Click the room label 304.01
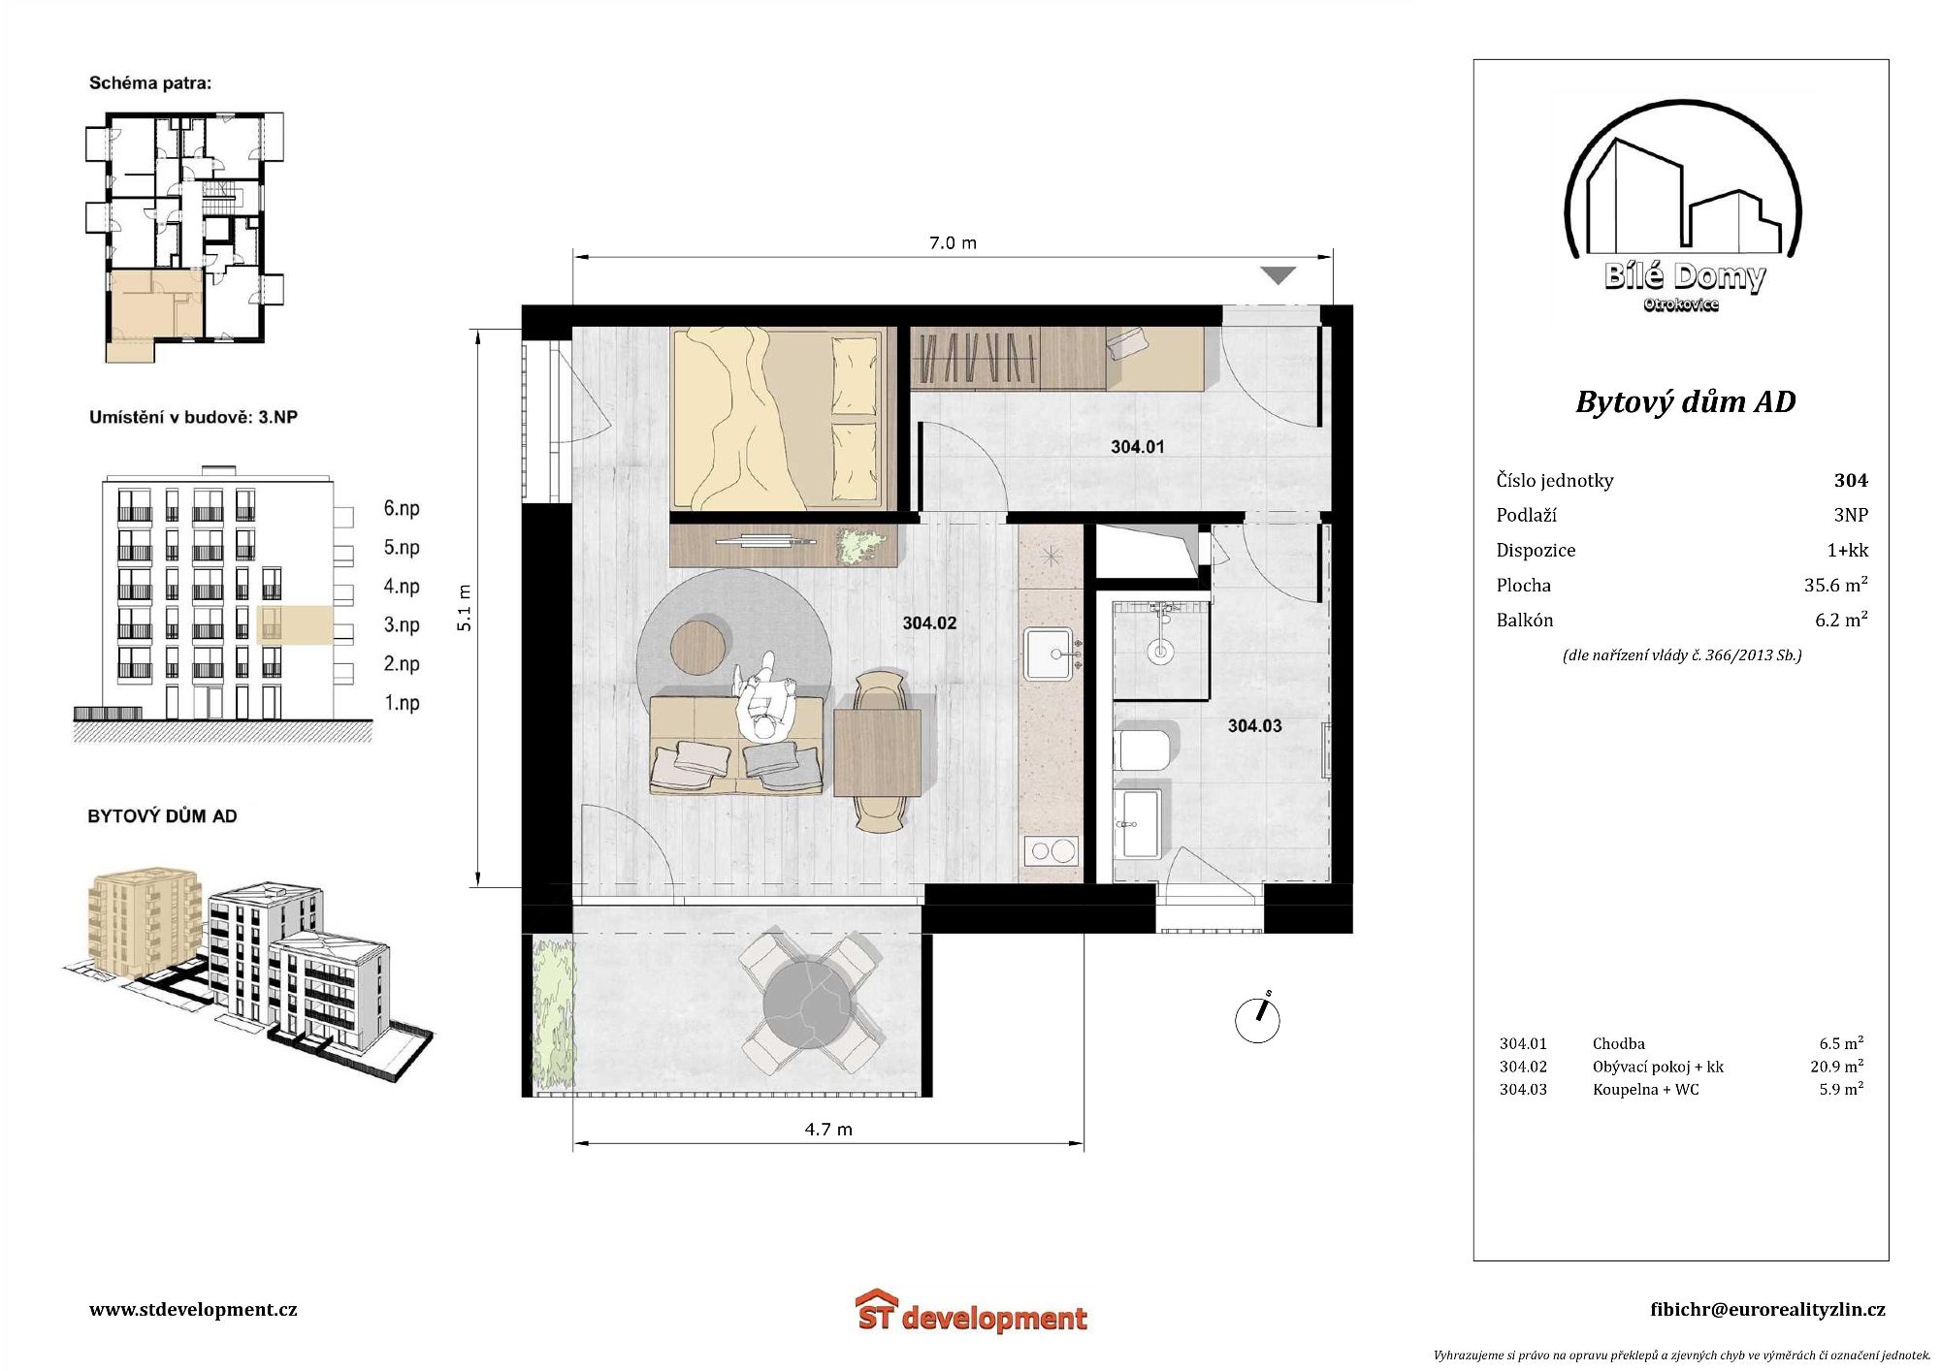(1137, 447)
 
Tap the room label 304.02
(929, 623)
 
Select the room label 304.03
(1254, 726)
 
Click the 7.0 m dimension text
(953, 242)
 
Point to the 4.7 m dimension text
(828, 1130)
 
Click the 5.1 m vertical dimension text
(465, 608)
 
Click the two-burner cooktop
(1051, 851)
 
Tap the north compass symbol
(1257, 1019)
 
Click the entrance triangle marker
(1278, 275)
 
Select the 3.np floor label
(402, 625)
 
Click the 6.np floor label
(402, 509)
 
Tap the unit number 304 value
(1851, 480)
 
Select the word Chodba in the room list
(1619, 1044)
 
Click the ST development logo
(972, 1313)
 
